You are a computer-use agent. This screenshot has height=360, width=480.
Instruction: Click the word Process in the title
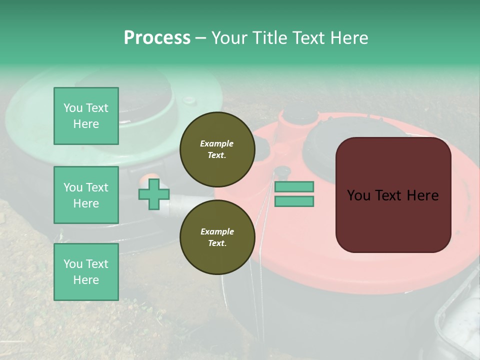click(x=157, y=38)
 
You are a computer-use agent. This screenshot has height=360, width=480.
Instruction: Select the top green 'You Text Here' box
click(x=86, y=116)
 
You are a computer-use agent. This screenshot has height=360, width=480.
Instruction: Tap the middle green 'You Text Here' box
click(x=86, y=195)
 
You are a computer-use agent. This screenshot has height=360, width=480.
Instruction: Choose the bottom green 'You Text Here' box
click(x=86, y=272)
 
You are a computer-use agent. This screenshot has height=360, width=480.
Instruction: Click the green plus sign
click(x=154, y=194)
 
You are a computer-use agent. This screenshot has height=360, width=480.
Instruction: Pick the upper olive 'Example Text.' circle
click(x=217, y=149)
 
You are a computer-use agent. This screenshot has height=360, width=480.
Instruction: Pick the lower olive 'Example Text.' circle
click(x=217, y=237)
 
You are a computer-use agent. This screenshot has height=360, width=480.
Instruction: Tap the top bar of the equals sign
click(x=294, y=186)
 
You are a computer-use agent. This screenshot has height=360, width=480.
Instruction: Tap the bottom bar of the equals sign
click(x=294, y=201)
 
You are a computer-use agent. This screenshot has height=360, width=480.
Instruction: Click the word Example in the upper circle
click(x=217, y=143)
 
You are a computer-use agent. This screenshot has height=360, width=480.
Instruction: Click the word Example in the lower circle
click(x=217, y=231)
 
